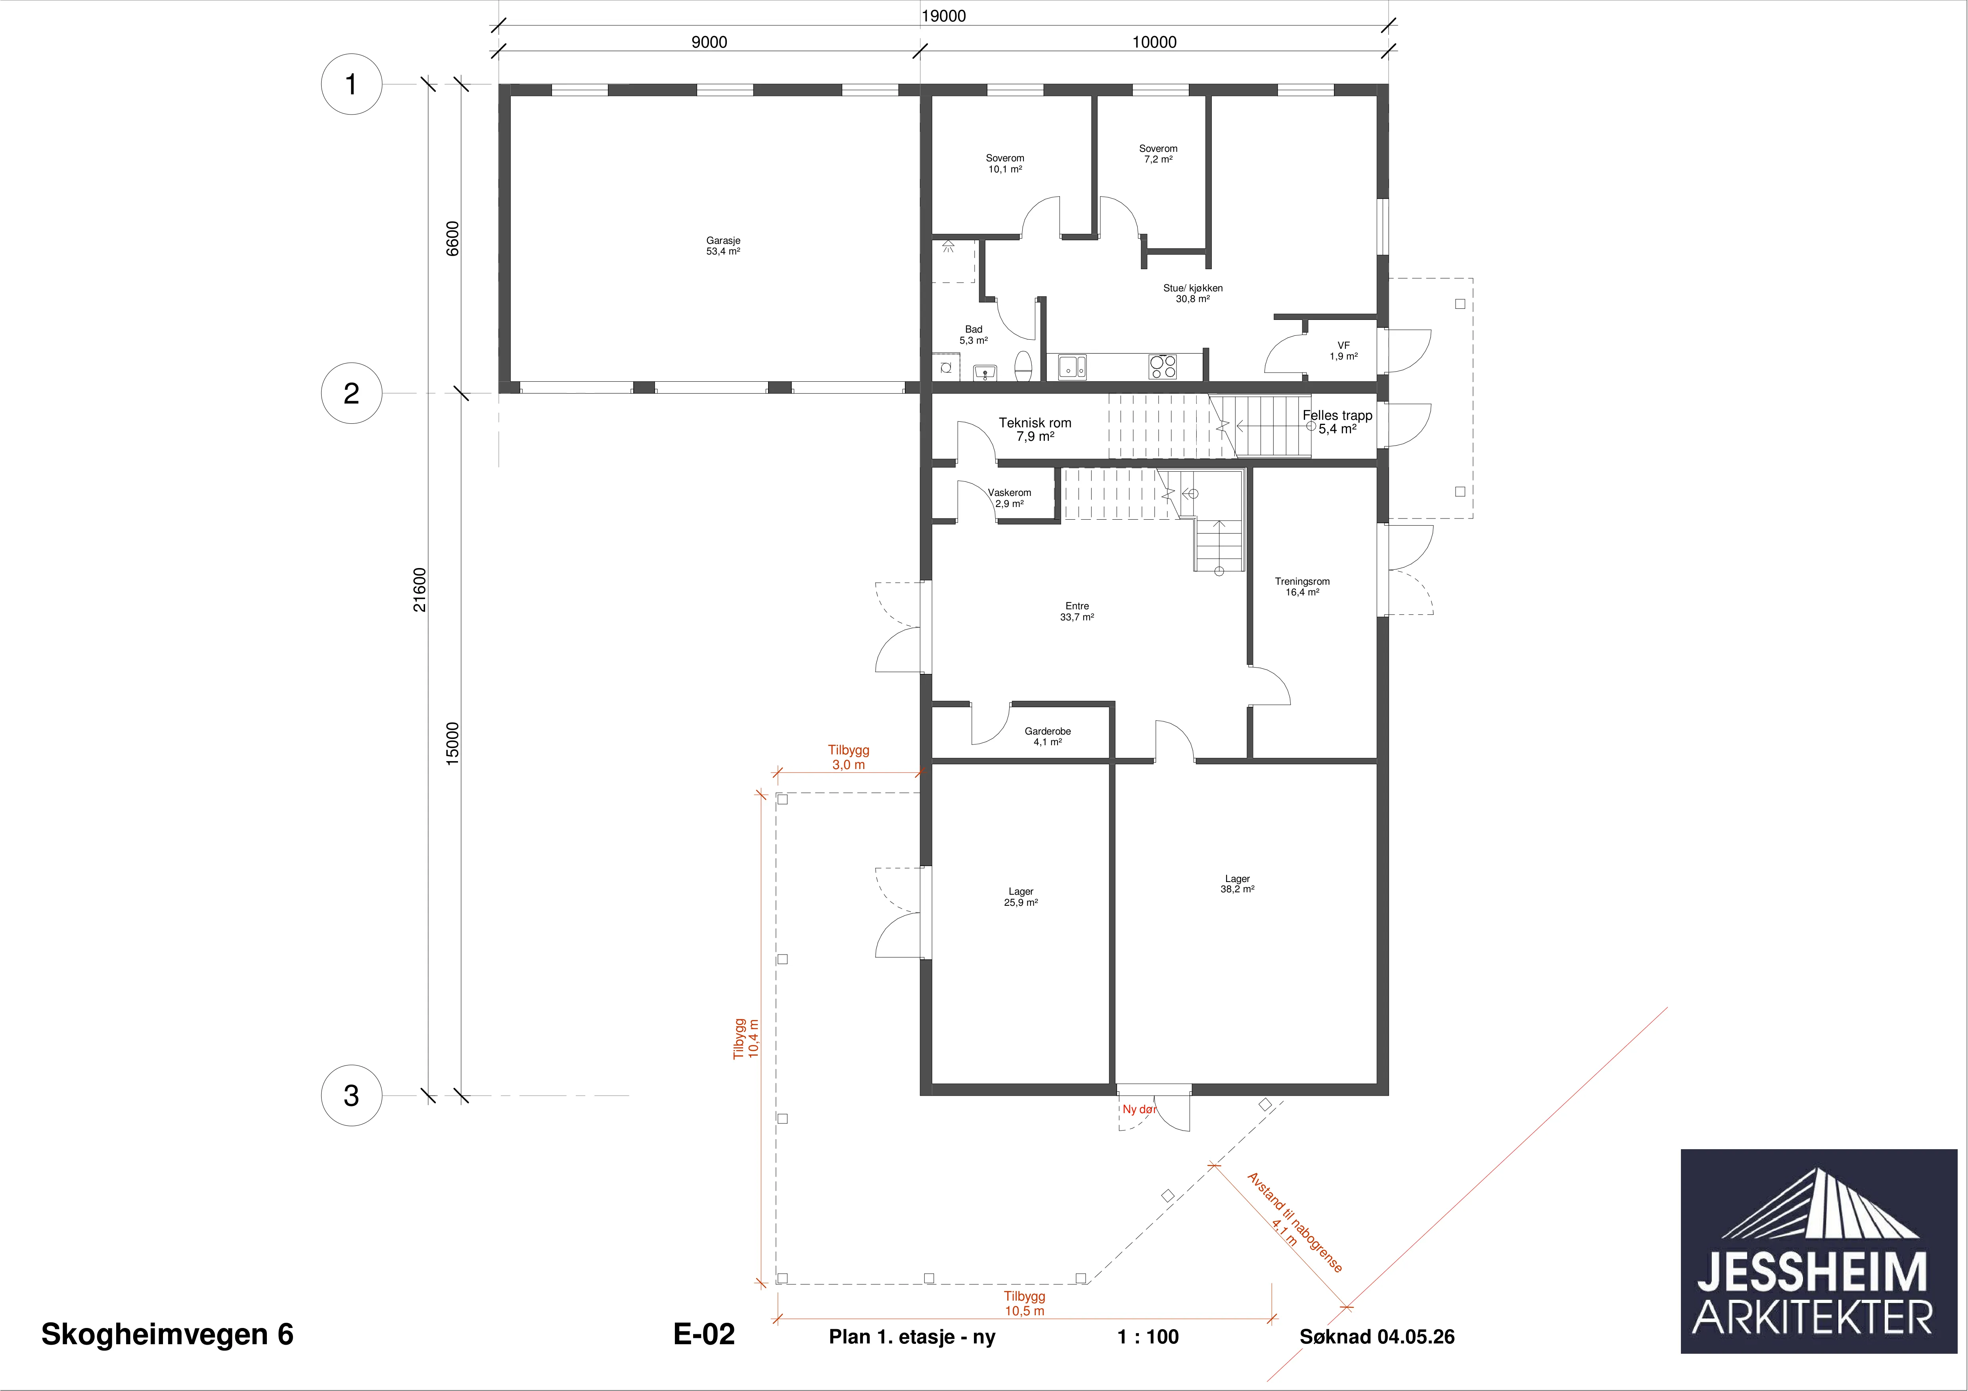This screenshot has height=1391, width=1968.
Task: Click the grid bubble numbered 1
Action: click(351, 84)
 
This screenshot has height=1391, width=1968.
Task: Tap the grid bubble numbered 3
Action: click(351, 1095)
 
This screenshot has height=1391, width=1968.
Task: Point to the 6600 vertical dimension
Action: click(452, 238)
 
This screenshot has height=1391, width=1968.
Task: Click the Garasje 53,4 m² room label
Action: click(723, 246)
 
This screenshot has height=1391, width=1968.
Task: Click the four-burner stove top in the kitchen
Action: click(1163, 367)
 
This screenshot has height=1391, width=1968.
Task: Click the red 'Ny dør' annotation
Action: click(1139, 1109)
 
